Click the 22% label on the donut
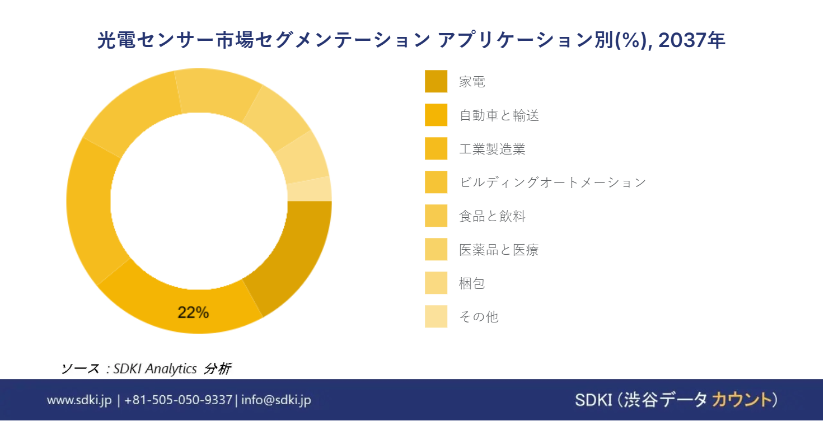coord(193,312)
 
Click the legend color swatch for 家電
coord(436,81)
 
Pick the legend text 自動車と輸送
coord(499,115)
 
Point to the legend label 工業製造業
coord(492,149)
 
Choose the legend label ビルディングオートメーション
coord(553,182)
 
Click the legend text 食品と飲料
coord(492,216)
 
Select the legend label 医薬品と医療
coord(499,250)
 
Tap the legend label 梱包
coord(472,283)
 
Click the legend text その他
coord(479,316)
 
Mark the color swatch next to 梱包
coord(436,283)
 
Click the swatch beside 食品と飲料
coord(436,216)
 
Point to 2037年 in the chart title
coord(691,40)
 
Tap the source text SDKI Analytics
coord(155,368)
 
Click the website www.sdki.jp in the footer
coord(79,400)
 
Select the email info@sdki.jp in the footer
coord(277,400)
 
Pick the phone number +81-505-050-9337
coord(179,400)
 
